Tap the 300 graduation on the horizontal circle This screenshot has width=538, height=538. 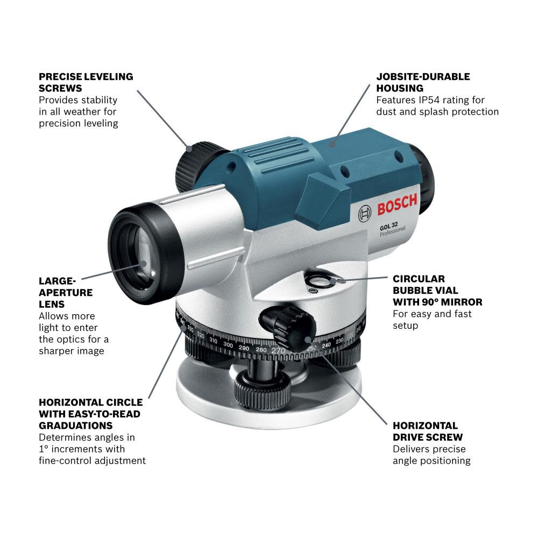(228, 345)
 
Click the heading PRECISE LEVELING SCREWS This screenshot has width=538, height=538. (86, 82)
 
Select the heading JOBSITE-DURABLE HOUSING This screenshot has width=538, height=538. (423, 82)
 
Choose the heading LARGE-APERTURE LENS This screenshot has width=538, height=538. (65, 292)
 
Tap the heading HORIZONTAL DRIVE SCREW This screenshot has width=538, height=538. (427, 431)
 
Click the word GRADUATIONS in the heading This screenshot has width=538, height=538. (72, 426)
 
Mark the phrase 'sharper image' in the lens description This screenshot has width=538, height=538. (71, 351)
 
